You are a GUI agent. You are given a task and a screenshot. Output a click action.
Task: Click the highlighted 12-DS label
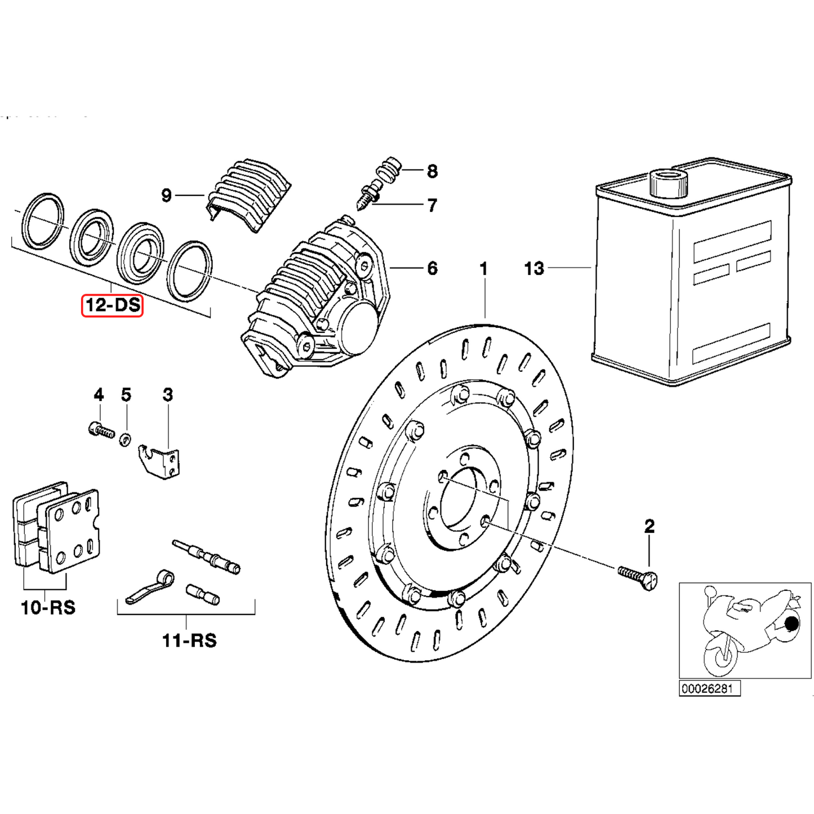click(112, 305)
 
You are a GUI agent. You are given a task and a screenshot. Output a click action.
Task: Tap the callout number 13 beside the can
click(534, 269)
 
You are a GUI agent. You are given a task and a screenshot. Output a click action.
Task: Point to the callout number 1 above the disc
click(483, 269)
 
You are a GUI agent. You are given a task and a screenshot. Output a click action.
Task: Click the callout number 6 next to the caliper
click(432, 269)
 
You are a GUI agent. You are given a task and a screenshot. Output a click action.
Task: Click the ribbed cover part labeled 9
click(248, 194)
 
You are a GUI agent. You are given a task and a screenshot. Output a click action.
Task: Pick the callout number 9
click(166, 195)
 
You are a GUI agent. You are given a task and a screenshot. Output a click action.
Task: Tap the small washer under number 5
click(125, 438)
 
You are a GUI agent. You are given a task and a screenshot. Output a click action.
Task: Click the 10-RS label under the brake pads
click(48, 608)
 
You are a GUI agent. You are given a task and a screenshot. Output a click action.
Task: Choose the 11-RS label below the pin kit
click(189, 640)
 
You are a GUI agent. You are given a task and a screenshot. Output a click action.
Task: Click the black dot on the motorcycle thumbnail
click(791, 624)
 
